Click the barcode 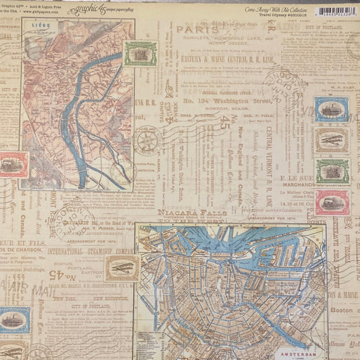[336, 11]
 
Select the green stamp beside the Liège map [140, 53]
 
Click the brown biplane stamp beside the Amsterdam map [121, 267]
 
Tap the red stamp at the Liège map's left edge [13, 164]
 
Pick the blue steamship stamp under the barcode [331, 109]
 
